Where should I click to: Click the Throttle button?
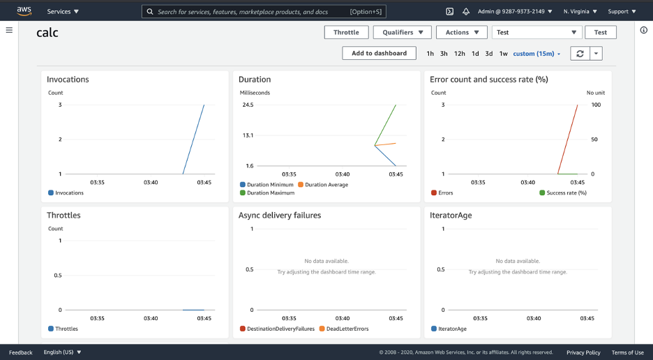pyautogui.click(x=347, y=33)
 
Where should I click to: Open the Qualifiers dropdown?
pyautogui.click(x=403, y=33)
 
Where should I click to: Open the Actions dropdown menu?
pyautogui.click(x=462, y=33)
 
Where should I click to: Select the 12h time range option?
pyautogui.click(x=459, y=54)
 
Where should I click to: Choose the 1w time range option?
pyautogui.click(x=504, y=54)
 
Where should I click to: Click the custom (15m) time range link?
pyautogui.click(x=536, y=54)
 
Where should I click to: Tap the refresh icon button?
pyautogui.click(x=580, y=53)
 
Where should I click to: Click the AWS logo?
pyautogui.click(x=24, y=11)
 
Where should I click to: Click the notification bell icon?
pyautogui.click(x=466, y=12)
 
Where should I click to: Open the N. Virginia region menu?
pyautogui.click(x=580, y=12)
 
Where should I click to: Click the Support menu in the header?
pyautogui.click(x=622, y=12)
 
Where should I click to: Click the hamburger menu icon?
pyautogui.click(x=9, y=30)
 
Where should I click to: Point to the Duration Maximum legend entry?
pyautogui.click(x=267, y=193)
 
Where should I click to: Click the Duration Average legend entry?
pyautogui.click(x=323, y=185)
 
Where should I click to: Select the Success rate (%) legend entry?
pyautogui.click(x=563, y=193)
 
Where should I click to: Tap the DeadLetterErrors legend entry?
pyautogui.click(x=344, y=329)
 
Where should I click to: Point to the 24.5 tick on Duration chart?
pyautogui.click(x=248, y=105)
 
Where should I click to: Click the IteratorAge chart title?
pyautogui.click(x=451, y=216)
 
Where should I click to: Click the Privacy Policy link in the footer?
pyautogui.click(x=583, y=352)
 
